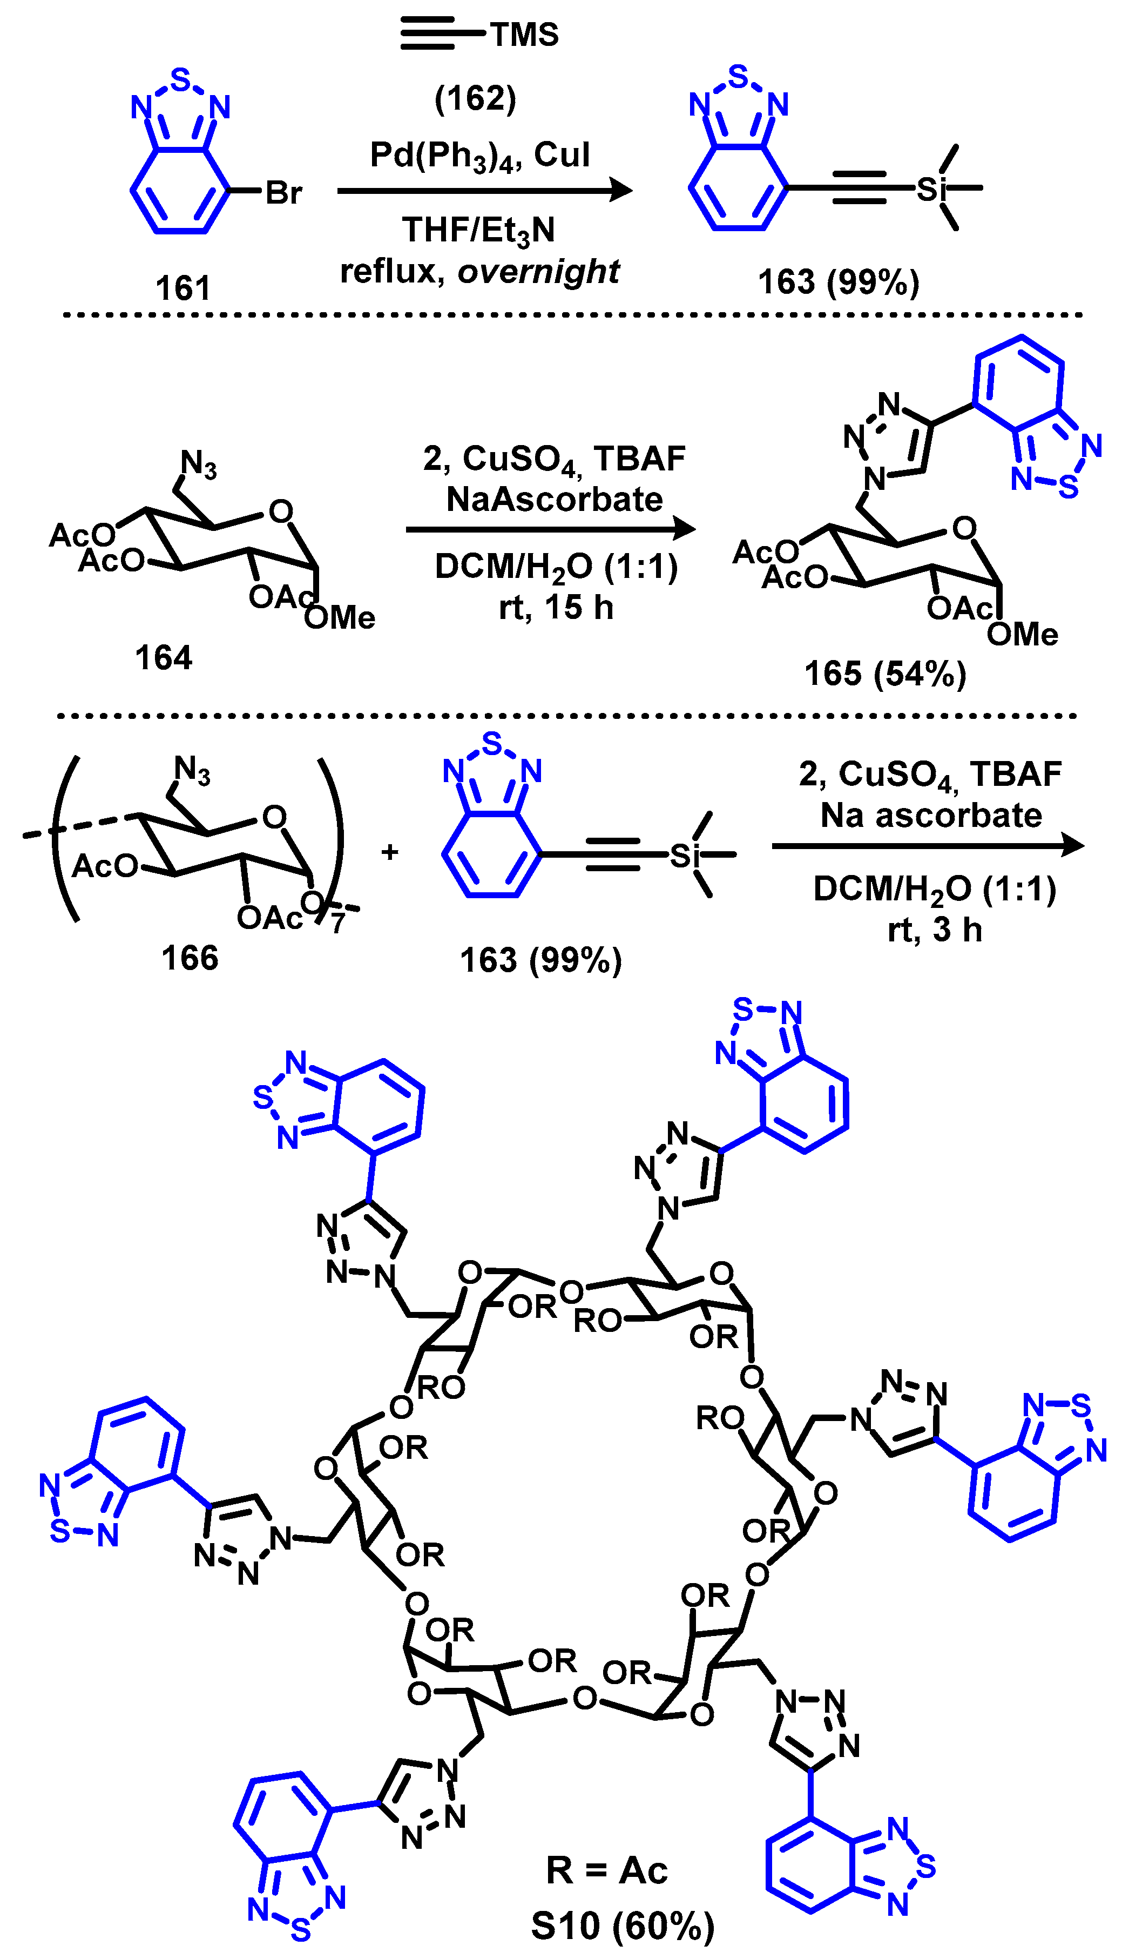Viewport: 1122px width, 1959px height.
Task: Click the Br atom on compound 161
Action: (283, 193)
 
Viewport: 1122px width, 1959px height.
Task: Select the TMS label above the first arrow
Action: (524, 35)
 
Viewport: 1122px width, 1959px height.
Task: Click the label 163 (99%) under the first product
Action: (839, 282)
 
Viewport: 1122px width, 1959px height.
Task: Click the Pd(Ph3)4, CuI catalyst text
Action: (479, 156)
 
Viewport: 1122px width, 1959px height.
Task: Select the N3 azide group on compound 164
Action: (198, 464)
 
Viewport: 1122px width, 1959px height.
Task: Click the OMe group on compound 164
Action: (339, 617)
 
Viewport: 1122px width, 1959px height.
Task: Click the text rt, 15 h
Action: (556, 607)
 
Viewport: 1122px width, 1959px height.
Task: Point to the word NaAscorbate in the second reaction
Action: (554, 500)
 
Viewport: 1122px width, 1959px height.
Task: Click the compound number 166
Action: (190, 958)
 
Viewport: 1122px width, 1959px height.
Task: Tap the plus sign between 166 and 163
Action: (390, 852)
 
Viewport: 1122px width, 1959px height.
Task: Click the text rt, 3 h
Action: (934, 930)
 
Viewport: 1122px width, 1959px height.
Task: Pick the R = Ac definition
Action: (606, 1870)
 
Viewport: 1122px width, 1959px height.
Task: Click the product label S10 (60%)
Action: (622, 1926)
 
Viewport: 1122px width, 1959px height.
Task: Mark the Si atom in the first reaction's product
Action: (930, 187)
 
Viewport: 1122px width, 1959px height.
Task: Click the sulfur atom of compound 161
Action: (180, 79)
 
